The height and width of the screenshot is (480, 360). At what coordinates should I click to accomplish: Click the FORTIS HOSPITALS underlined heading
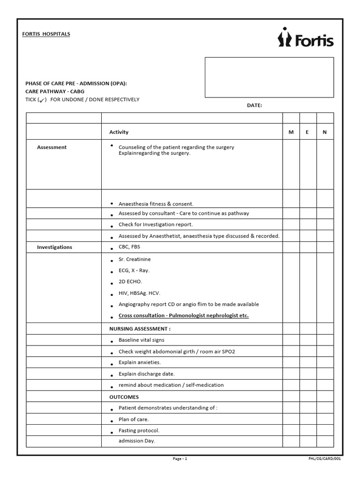(x=46, y=34)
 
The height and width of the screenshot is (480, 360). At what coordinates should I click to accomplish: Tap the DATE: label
(x=255, y=105)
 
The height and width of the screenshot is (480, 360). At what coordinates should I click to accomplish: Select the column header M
(x=291, y=132)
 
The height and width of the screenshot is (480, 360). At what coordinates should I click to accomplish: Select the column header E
(x=307, y=132)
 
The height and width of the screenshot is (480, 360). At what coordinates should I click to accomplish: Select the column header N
(x=324, y=132)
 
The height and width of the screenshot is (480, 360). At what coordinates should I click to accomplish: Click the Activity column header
(x=119, y=132)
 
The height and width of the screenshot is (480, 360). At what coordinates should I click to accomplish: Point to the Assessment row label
(x=52, y=147)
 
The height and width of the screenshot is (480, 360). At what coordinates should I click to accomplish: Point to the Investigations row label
(x=54, y=247)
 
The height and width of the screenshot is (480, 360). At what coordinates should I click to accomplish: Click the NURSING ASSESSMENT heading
(x=140, y=329)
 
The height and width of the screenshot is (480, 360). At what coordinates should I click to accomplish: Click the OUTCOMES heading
(x=124, y=397)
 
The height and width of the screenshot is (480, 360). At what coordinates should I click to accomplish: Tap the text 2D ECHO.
(x=130, y=282)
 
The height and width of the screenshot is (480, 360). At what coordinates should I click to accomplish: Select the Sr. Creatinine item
(x=135, y=259)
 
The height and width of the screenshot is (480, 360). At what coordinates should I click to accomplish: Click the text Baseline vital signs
(x=141, y=340)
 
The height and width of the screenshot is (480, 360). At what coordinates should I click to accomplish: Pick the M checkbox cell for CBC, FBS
(x=291, y=247)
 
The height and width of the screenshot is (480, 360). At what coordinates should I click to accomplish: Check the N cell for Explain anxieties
(x=325, y=363)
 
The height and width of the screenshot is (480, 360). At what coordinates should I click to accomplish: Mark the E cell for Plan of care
(x=308, y=420)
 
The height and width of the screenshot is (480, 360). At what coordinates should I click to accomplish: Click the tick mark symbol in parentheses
(x=42, y=100)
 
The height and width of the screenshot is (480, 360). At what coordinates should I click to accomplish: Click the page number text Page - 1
(x=180, y=459)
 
